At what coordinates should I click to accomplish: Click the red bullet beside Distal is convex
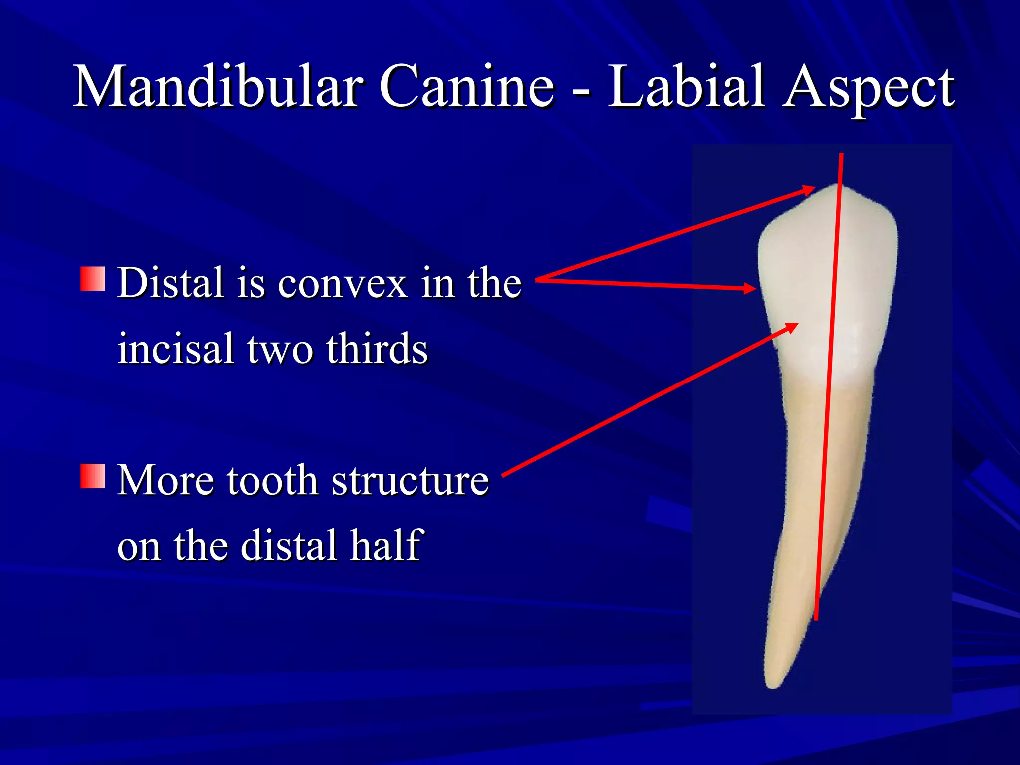(93, 279)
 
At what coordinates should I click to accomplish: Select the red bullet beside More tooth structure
(93, 476)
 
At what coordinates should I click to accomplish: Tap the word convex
(343, 285)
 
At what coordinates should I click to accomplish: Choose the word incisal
(175, 349)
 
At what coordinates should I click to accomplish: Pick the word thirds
(377, 349)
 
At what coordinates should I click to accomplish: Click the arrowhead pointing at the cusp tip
(809, 190)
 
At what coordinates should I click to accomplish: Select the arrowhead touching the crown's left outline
(751, 288)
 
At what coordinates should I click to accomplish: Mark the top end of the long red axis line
(842, 155)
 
